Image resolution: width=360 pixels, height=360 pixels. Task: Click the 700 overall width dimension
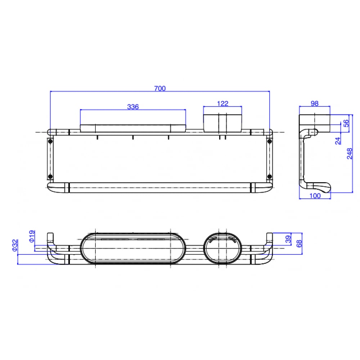(160, 89)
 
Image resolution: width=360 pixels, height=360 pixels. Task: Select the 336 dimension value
(133, 107)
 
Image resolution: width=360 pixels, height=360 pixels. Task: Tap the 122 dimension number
(222, 104)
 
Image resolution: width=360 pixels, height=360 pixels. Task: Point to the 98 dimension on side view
(314, 104)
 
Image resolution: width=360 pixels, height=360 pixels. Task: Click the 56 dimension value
(346, 123)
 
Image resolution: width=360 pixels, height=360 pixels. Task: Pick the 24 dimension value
(338, 140)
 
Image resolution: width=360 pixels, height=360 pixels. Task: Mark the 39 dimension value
(288, 239)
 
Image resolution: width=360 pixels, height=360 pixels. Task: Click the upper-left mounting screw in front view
(50, 141)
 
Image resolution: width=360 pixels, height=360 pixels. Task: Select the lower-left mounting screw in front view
(50, 176)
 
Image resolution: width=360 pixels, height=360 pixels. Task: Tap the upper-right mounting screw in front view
(269, 141)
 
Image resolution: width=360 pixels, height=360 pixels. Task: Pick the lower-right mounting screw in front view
(269, 176)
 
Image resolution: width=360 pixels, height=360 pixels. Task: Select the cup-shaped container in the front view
(222, 122)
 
